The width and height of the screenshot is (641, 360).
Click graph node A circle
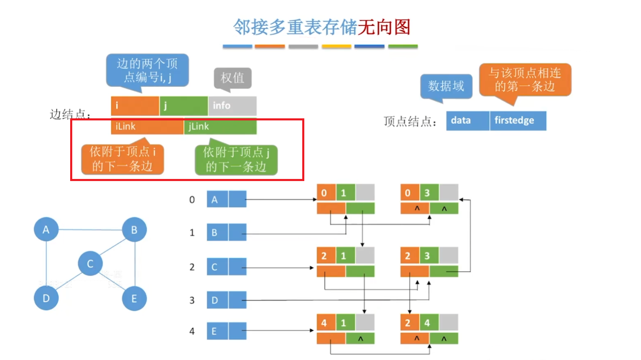click(46, 229)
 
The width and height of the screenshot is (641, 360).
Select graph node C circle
click(90, 263)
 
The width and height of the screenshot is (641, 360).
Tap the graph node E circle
click(134, 298)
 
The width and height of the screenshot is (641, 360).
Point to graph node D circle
click(46, 298)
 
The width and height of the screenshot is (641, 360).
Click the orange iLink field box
click(147, 126)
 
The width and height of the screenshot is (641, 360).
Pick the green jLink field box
click(220, 126)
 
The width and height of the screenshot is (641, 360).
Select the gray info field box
click(232, 106)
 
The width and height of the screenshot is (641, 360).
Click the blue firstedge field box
click(518, 121)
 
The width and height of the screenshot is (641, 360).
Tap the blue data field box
click(467, 121)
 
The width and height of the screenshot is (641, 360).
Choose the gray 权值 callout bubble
click(232, 78)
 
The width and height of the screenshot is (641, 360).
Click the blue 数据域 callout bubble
click(446, 86)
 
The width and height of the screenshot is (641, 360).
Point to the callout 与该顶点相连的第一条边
click(525, 80)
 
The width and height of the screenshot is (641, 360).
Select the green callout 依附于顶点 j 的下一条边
click(236, 159)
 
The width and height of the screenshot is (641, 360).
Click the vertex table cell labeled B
click(217, 233)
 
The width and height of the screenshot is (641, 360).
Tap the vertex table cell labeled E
click(217, 331)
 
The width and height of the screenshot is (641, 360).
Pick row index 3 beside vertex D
click(192, 300)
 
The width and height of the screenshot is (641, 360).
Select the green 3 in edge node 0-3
click(428, 193)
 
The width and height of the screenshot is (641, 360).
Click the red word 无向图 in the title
click(384, 27)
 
